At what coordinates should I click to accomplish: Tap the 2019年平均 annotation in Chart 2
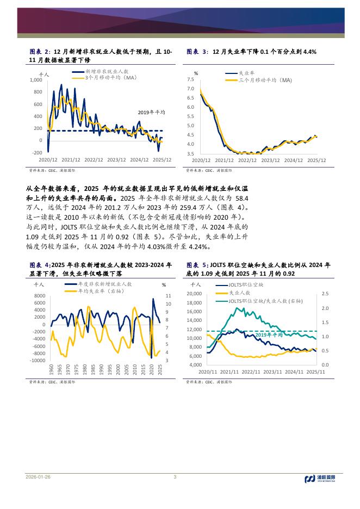click(151, 112)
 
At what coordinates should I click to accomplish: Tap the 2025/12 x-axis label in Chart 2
click(163, 160)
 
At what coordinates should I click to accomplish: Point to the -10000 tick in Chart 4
click(38, 361)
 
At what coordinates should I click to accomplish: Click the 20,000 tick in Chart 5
click(194, 294)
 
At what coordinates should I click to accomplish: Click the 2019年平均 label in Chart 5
click(270, 335)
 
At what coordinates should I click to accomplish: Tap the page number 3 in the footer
click(175, 477)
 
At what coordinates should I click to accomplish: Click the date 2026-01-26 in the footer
click(38, 477)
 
